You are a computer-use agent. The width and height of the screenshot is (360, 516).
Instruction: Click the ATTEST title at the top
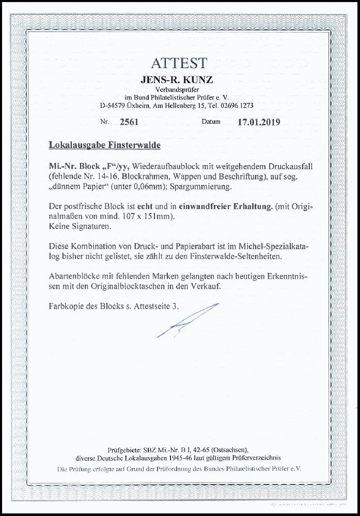click(179, 63)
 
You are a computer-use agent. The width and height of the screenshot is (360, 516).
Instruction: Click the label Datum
click(211, 123)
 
